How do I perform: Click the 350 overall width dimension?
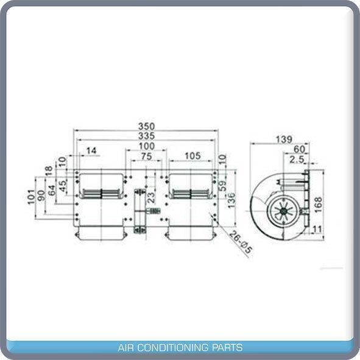point(146,126)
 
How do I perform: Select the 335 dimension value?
point(146,136)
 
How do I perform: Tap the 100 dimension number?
point(146,146)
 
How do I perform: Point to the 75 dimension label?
point(146,157)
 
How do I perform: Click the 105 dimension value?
point(192,156)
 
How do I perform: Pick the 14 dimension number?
point(91,150)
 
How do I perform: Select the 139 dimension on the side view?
point(284,139)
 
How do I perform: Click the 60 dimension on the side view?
point(299,149)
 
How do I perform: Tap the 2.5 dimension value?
point(297,160)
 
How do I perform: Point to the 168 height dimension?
point(318,205)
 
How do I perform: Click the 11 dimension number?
point(317,229)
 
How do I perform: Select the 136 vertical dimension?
point(231,200)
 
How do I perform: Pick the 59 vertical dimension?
point(222,186)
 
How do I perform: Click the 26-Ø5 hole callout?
point(241,242)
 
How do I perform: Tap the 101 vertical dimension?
point(31,197)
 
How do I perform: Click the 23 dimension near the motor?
point(151,197)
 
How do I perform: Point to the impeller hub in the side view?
point(284,211)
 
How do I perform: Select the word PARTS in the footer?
point(227,347)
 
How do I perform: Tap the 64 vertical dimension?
point(52,190)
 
